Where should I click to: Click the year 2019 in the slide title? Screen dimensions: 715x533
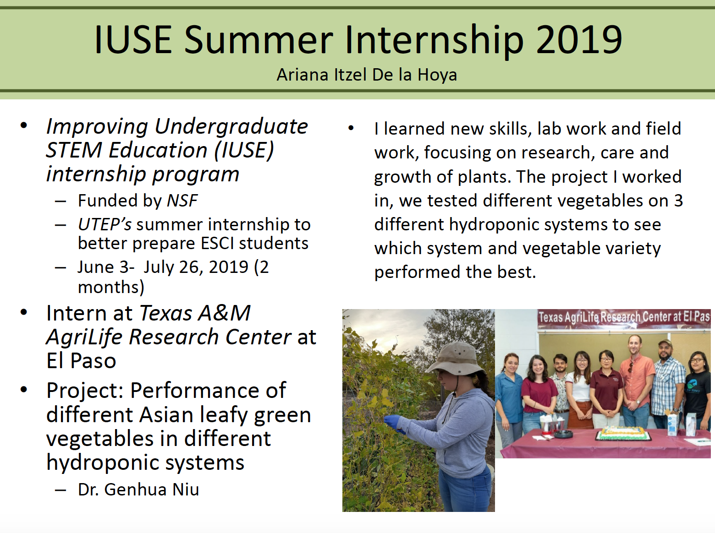click(x=579, y=40)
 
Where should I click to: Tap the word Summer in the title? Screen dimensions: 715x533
click(x=259, y=40)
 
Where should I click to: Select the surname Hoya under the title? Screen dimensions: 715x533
click(x=437, y=75)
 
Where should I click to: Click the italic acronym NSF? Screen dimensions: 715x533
click(x=182, y=200)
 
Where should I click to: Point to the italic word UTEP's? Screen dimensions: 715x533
click(x=104, y=224)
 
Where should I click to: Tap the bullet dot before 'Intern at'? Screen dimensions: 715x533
click(x=24, y=312)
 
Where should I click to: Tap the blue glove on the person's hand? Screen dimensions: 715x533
click(x=394, y=423)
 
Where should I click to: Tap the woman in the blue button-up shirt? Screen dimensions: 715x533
click(x=510, y=397)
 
